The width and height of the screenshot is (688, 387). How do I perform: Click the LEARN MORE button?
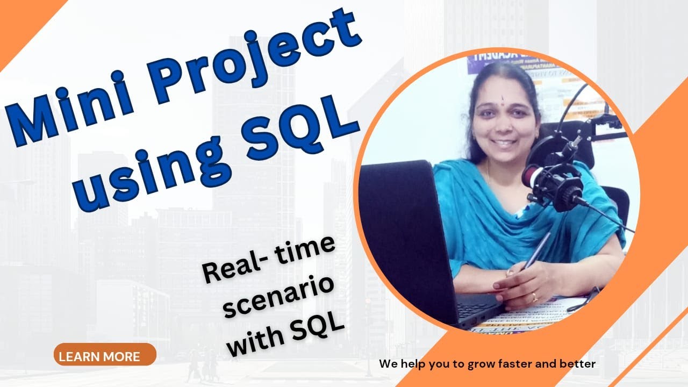coord(105,355)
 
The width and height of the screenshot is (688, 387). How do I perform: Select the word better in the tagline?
coord(575,364)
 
